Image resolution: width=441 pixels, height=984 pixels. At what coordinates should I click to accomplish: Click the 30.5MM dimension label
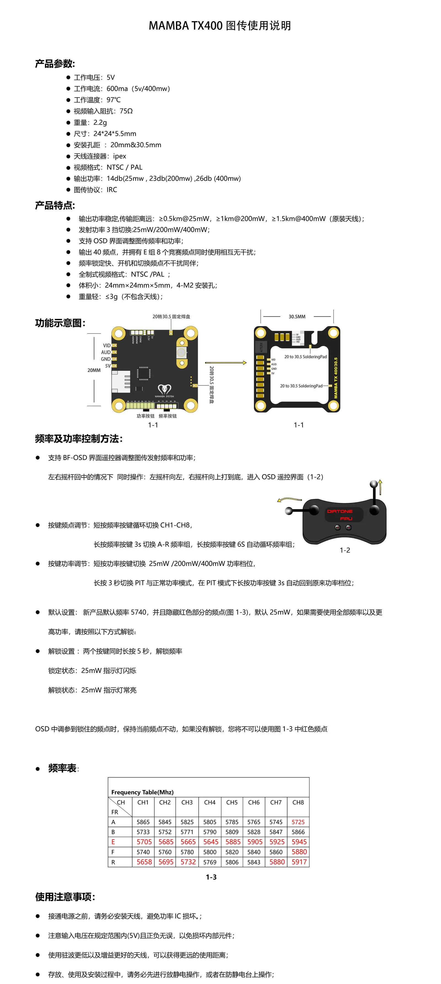(x=297, y=317)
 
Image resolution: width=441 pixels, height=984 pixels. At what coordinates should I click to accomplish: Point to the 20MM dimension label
(x=94, y=370)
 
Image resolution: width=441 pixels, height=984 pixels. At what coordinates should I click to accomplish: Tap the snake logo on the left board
(x=164, y=389)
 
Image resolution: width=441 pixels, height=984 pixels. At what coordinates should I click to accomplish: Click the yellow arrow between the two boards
(x=226, y=363)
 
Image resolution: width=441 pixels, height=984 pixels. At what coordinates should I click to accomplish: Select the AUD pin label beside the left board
(x=106, y=352)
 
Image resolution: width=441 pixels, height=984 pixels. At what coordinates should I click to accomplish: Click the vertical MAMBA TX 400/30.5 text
(x=335, y=378)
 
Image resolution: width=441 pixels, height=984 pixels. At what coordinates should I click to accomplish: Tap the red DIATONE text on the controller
(x=340, y=511)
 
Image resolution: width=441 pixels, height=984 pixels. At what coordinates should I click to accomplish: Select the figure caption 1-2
(x=345, y=550)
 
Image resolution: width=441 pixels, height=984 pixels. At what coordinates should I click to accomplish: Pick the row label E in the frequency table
(x=113, y=842)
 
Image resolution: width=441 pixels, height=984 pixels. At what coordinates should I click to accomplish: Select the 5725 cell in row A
(x=298, y=822)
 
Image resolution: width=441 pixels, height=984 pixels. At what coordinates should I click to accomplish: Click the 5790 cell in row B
(x=210, y=832)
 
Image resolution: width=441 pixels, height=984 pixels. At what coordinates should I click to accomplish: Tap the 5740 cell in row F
(x=143, y=852)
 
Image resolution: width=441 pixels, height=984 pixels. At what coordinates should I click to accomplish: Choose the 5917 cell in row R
(x=299, y=862)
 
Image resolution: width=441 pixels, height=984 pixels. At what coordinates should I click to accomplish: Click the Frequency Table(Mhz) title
(x=142, y=792)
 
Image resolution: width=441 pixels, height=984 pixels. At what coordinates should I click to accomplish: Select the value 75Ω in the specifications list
(x=126, y=111)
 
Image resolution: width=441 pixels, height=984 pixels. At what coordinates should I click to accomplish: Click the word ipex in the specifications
(x=120, y=156)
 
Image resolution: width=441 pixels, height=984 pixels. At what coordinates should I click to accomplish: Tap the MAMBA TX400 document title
(x=220, y=26)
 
